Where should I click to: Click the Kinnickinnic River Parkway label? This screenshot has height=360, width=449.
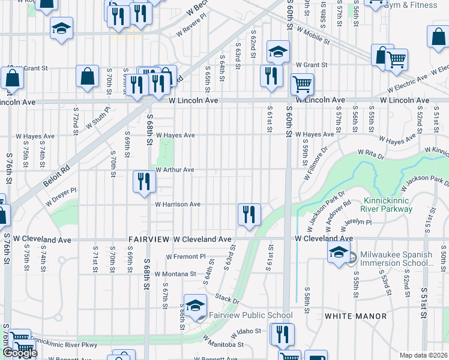pyautogui.click(x=388, y=205)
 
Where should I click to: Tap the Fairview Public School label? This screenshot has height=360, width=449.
pyautogui.click(x=250, y=315)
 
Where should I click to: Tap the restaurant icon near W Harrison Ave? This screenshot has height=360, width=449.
pyautogui.click(x=248, y=214)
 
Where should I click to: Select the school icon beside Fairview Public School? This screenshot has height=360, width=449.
pyautogui.click(x=195, y=306)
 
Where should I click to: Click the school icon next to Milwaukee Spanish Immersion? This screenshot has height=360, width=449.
pyautogui.click(x=339, y=252)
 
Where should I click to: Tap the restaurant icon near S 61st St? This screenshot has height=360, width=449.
pyautogui.click(x=271, y=76)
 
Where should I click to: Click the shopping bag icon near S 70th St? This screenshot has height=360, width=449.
pyautogui.click(x=88, y=77)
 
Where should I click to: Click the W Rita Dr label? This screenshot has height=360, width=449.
pyautogui.click(x=370, y=154)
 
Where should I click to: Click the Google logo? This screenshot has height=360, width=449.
pyautogui.click(x=19, y=353)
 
